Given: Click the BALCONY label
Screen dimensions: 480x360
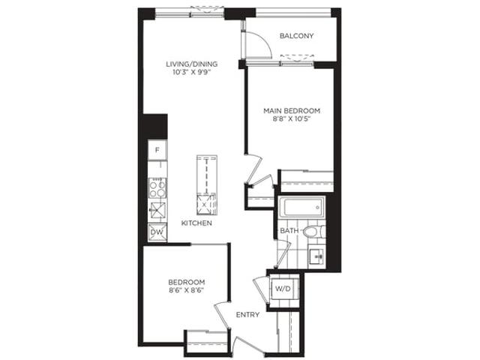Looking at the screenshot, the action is [x=297, y=36].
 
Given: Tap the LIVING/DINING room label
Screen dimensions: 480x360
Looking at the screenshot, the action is [x=192, y=64].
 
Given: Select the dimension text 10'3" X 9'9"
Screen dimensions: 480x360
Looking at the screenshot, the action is [x=192, y=73].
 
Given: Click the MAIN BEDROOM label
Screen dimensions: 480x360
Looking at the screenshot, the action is [x=292, y=110].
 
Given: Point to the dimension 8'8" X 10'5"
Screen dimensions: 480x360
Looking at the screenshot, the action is [x=292, y=119].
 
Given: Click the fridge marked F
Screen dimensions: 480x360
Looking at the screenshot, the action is [x=157, y=150].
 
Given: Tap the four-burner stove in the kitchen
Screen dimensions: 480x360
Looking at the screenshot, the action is [x=157, y=187].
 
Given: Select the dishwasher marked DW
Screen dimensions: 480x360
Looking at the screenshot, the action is [x=157, y=232].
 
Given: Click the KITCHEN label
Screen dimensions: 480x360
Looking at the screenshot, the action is [x=196, y=223].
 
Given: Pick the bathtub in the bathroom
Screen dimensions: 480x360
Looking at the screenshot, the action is [x=301, y=207].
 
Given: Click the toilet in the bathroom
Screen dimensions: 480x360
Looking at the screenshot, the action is [x=314, y=232].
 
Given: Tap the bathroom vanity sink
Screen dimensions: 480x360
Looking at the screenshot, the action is [x=316, y=256].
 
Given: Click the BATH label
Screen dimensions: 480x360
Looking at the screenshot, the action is [x=289, y=230].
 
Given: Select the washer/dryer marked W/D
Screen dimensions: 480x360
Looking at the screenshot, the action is [x=283, y=288].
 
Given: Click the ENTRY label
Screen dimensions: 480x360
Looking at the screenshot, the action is [x=248, y=315].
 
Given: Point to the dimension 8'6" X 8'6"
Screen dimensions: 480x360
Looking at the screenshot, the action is [x=187, y=290].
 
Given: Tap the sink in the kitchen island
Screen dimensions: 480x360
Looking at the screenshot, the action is [x=205, y=204].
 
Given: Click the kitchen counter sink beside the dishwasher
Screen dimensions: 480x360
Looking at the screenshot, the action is [x=157, y=210].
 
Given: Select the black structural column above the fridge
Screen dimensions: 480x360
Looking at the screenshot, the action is [x=155, y=127].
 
